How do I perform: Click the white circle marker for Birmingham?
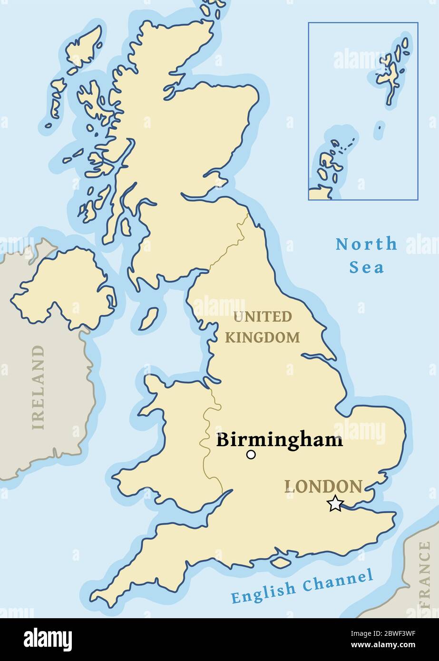point(251,455)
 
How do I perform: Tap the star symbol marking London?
point(335,503)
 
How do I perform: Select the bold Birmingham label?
point(279,440)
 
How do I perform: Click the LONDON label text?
point(323,486)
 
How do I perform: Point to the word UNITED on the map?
point(262,317)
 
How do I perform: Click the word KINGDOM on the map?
point(262,338)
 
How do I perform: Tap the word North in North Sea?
point(366,244)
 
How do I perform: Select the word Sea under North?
point(366,267)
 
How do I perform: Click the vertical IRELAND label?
point(38,387)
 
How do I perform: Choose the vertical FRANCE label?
point(424,575)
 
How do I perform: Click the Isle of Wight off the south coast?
point(281,562)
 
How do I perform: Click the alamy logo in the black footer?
point(48,639)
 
